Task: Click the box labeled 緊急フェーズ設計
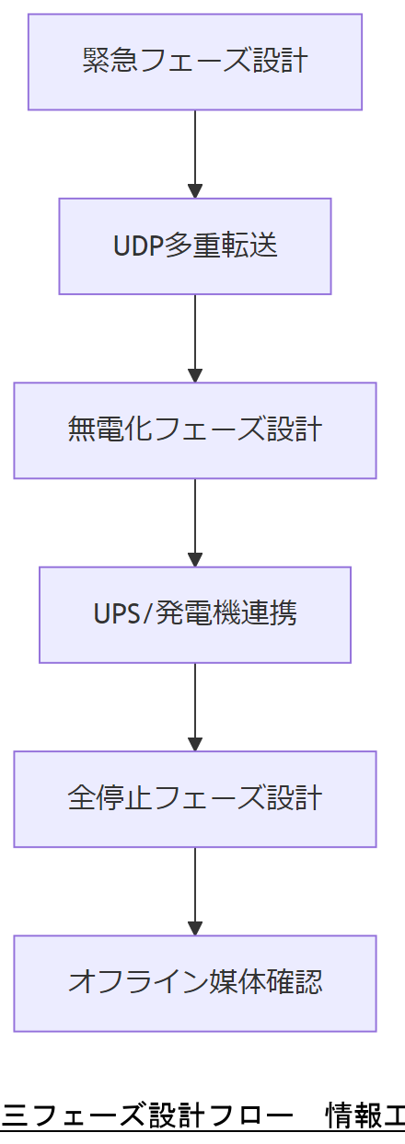[194, 62]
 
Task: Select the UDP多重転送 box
[194, 246]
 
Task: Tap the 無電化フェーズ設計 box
[194, 430]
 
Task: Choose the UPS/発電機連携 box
[194, 614]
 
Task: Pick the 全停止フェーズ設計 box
[194, 798]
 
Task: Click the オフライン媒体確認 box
[194, 983]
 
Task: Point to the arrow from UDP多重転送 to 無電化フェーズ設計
[194, 337]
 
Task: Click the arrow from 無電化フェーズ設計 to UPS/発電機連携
[194, 521]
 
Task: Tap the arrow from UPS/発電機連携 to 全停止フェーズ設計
[194, 706]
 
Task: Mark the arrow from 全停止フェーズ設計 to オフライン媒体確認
[194, 890]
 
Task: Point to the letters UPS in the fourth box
[114, 614]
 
